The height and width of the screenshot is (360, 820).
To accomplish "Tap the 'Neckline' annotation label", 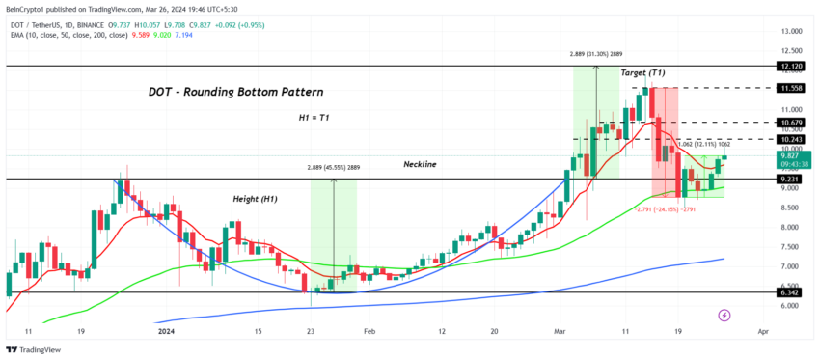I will [x=420, y=165].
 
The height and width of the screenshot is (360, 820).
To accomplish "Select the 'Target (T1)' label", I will [x=642, y=73].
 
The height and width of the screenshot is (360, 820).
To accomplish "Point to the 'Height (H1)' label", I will [x=255, y=199].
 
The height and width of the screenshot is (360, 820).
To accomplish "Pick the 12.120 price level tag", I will [x=788, y=67].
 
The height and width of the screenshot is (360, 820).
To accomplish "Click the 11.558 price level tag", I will [x=788, y=88].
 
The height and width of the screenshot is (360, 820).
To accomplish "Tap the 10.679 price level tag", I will [x=788, y=123].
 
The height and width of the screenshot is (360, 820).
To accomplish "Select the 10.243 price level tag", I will [x=788, y=139].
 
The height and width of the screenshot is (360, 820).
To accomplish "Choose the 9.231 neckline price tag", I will [x=788, y=179].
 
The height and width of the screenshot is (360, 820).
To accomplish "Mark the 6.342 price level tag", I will [x=788, y=291].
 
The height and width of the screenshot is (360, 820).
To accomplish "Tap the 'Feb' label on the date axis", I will [x=369, y=330].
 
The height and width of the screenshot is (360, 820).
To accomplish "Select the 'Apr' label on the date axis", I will [x=763, y=330].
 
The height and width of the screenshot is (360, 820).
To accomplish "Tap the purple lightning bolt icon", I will [x=724, y=315].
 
